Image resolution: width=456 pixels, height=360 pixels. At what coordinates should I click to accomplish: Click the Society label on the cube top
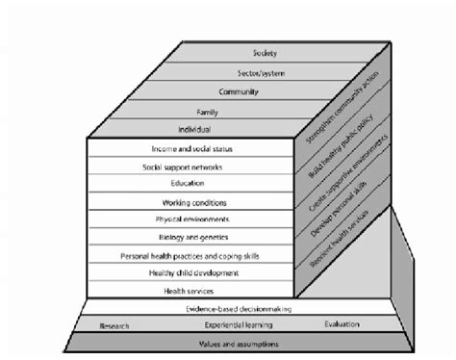tap(265, 52)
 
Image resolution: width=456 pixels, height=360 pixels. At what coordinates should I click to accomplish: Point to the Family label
tap(209, 112)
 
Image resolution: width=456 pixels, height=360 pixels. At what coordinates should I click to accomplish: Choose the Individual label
tap(193, 129)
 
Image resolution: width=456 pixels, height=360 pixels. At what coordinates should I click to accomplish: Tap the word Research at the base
tap(114, 326)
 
